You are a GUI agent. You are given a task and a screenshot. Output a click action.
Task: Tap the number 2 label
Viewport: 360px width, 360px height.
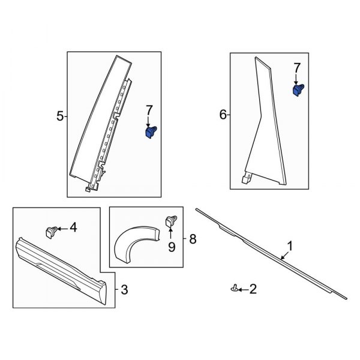pos(253,290)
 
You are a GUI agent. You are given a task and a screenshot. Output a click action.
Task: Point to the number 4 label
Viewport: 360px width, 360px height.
pos(73,227)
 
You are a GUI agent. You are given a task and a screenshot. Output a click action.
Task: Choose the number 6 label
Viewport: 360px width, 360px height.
pos(223,115)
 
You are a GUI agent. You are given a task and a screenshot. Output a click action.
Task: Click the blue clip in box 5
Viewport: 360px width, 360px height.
pos(150,131)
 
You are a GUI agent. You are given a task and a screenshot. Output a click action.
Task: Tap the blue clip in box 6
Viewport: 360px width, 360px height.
pos(297,90)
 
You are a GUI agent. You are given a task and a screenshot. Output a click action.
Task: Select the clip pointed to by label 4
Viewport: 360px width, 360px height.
pos(51,230)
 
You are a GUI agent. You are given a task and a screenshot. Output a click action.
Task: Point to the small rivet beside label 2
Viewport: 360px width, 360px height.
pos(233,290)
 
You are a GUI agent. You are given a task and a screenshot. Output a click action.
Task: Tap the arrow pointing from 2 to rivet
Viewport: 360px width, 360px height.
pos(243,290)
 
